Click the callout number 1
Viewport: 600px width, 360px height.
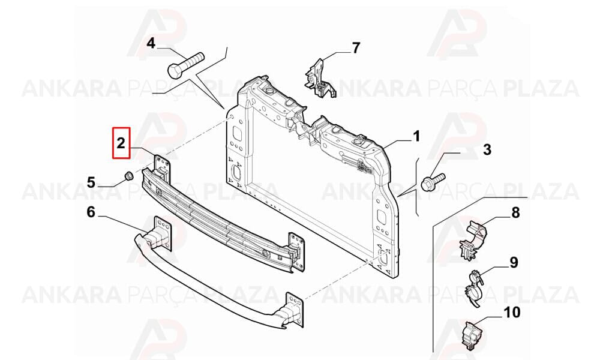point(416,136)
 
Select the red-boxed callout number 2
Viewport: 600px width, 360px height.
point(121,143)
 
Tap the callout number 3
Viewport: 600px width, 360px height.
point(487,149)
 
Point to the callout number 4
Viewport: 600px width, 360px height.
point(152,43)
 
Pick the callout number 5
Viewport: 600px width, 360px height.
point(91,182)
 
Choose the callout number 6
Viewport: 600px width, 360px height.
point(91,211)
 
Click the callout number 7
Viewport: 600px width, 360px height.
point(356,48)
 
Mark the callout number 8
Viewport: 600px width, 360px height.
point(515,212)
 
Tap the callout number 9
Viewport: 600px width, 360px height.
point(514,262)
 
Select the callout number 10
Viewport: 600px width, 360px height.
point(512,312)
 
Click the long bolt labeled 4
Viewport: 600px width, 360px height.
point(186,65)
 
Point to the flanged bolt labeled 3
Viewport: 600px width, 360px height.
point(433,181)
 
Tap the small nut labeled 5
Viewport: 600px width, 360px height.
point(128,176)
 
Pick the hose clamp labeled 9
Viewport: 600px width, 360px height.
point(474,289)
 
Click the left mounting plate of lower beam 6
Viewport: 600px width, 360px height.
point(163,233)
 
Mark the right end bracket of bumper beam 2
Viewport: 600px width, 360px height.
point(296,252)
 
